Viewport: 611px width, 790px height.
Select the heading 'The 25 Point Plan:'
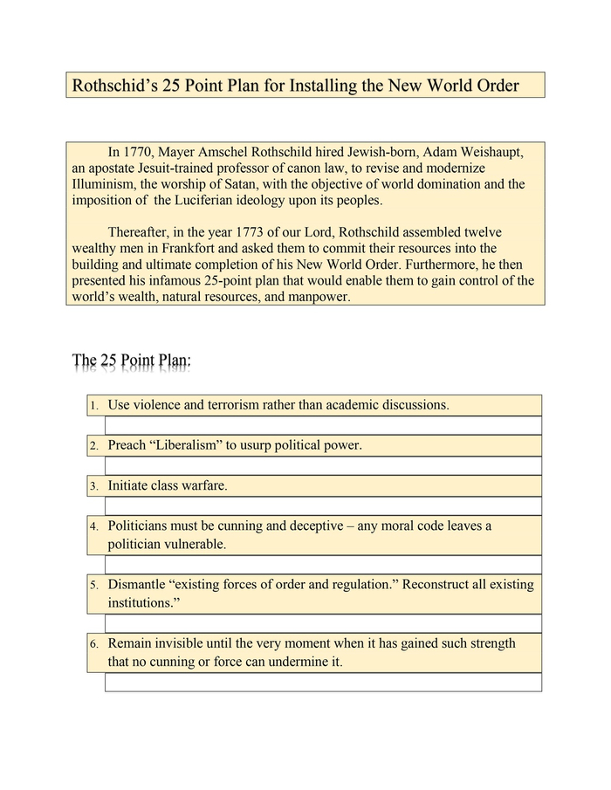point(131,361)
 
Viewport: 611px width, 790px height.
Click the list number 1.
point(94,406)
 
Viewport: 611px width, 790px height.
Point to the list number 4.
point(94,527)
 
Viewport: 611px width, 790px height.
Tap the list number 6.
point(94,644)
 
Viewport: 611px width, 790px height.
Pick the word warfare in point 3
point(203,485)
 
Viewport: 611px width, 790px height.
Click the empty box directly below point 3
point(323,505)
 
